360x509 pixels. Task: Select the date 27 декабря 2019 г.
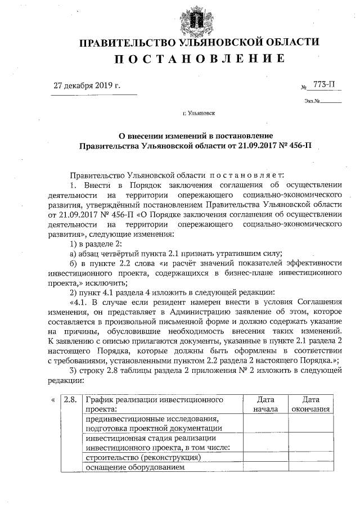coord(87,86)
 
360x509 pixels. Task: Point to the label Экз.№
coord(312,102)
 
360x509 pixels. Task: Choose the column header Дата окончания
coord(311,404)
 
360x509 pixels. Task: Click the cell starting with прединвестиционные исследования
coord(151,424)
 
